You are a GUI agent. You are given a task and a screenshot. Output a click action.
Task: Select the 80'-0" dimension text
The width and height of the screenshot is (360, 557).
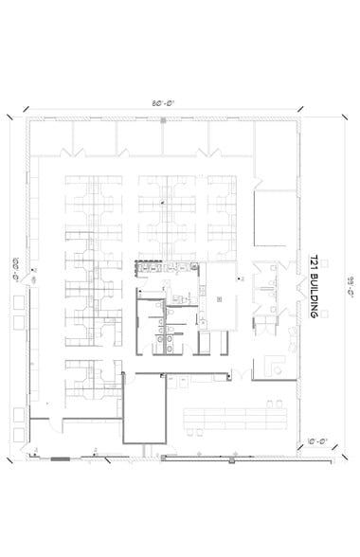pyautogui.click(x=163, y=103)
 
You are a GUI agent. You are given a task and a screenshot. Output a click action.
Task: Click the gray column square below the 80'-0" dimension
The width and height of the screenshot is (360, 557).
pyautogui.click(x=164, y=120)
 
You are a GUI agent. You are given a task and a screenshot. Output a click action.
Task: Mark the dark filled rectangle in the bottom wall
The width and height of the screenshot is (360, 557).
pyautogui.click(x=60, y=458)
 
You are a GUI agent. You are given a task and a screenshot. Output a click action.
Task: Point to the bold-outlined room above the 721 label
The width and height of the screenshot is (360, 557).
pyautogui.click(x=275, y=218)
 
